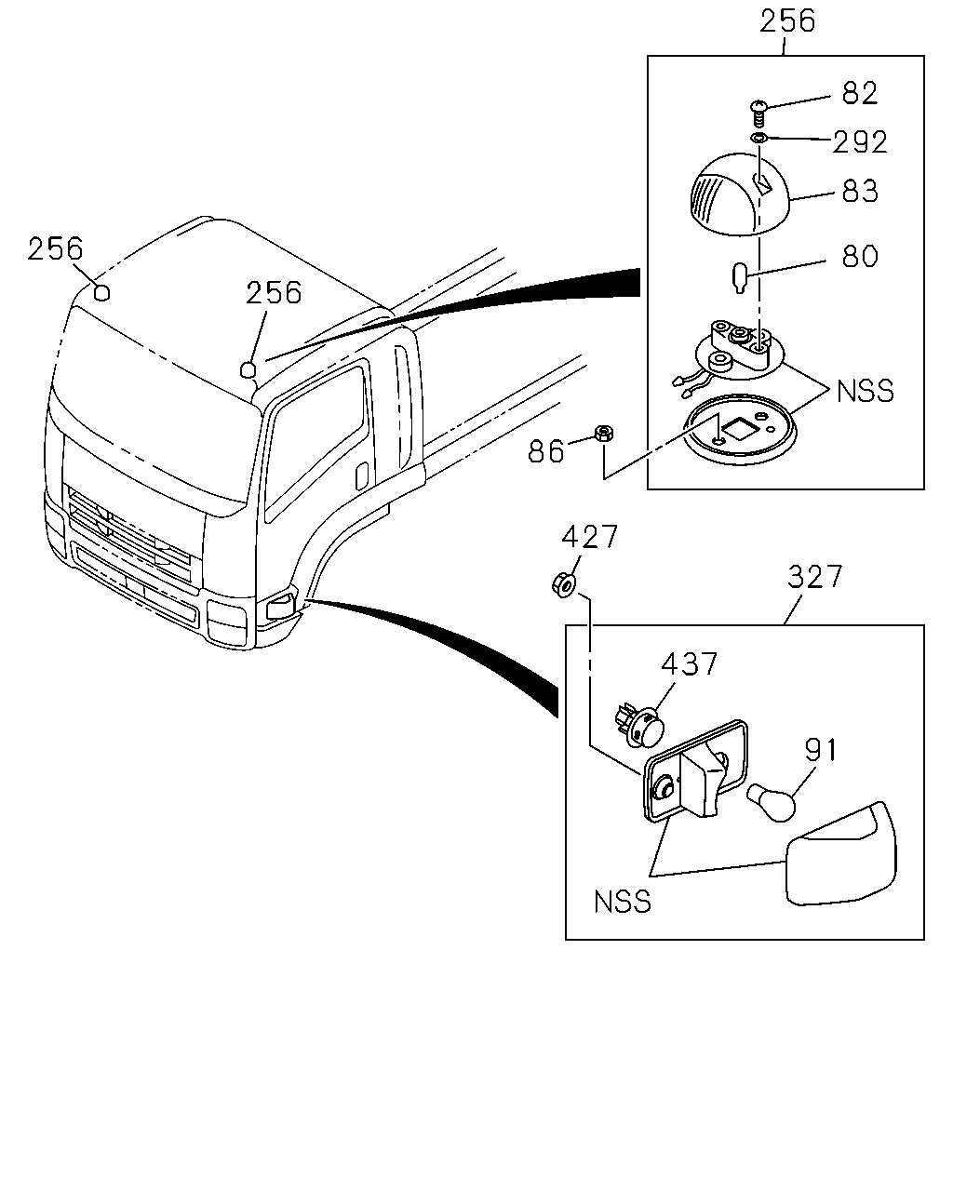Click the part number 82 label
pos(859,93)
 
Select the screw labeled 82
pos(758,114)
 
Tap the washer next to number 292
pos(758,138)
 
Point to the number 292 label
pos(859,141)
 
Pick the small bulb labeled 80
pos(740,279)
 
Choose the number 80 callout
pos(859,256)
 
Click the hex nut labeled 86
pos(603,433)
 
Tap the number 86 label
pos(545,450)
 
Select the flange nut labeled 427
pos(564,585)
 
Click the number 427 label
pos(589,536)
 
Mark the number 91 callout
pos(821,750)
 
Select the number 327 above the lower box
pos(814,576)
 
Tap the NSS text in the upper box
pos(865,391)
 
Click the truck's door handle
pos(362,476)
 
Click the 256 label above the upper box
pos(786,21)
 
